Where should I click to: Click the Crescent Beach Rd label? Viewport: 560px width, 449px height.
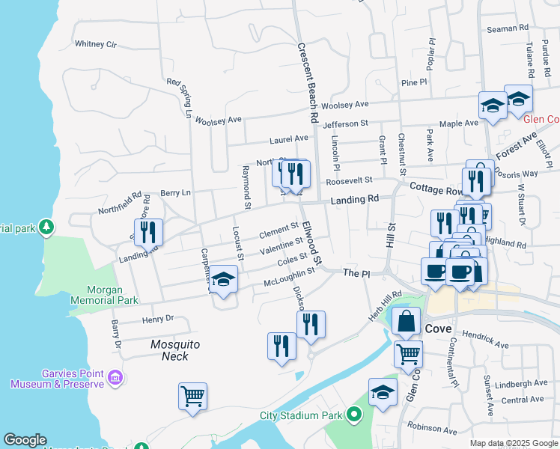click(x=304, y=83)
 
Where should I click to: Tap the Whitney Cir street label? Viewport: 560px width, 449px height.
click(x=96, y=44)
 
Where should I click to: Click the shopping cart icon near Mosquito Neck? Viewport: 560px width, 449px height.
click(x=192, y=396)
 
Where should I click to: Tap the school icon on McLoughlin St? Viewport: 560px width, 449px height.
click(x=222, y=280)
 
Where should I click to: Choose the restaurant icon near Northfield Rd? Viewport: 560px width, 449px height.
click(x=149, y=232)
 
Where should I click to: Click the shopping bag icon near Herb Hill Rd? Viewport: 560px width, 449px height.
click(x=406, y=321)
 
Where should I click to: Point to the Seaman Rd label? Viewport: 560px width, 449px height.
click(x=508, y=28)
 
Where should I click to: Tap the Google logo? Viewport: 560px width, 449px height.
click(x=25, y=440)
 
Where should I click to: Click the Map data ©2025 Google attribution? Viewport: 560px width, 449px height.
click(x=513, y=443)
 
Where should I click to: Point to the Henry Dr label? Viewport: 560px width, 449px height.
click(x=158, y=320)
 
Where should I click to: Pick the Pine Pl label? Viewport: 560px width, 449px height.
click(x=413, y=82)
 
